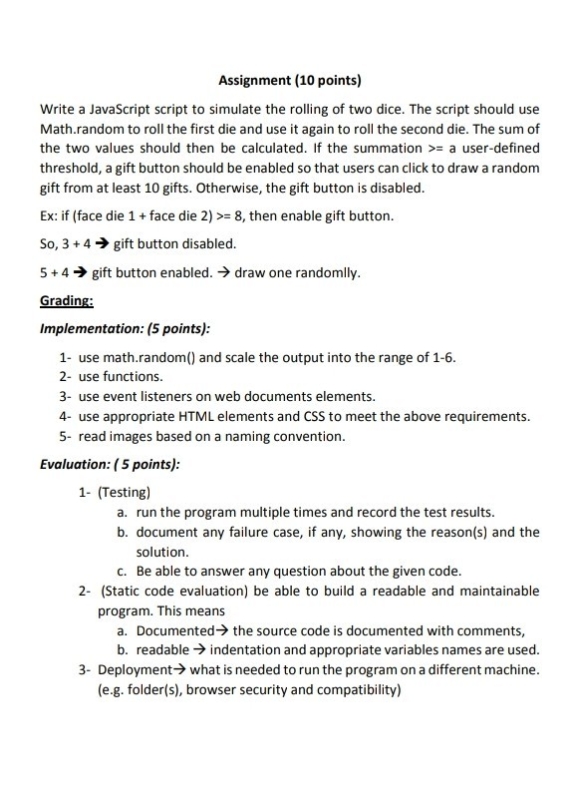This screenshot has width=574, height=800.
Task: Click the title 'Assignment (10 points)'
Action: [289, 79]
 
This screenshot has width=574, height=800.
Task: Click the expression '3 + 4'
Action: [78, 243]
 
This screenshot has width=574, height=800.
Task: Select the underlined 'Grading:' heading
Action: [66, 300]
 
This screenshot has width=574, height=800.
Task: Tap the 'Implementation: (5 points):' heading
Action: [125, 328]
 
